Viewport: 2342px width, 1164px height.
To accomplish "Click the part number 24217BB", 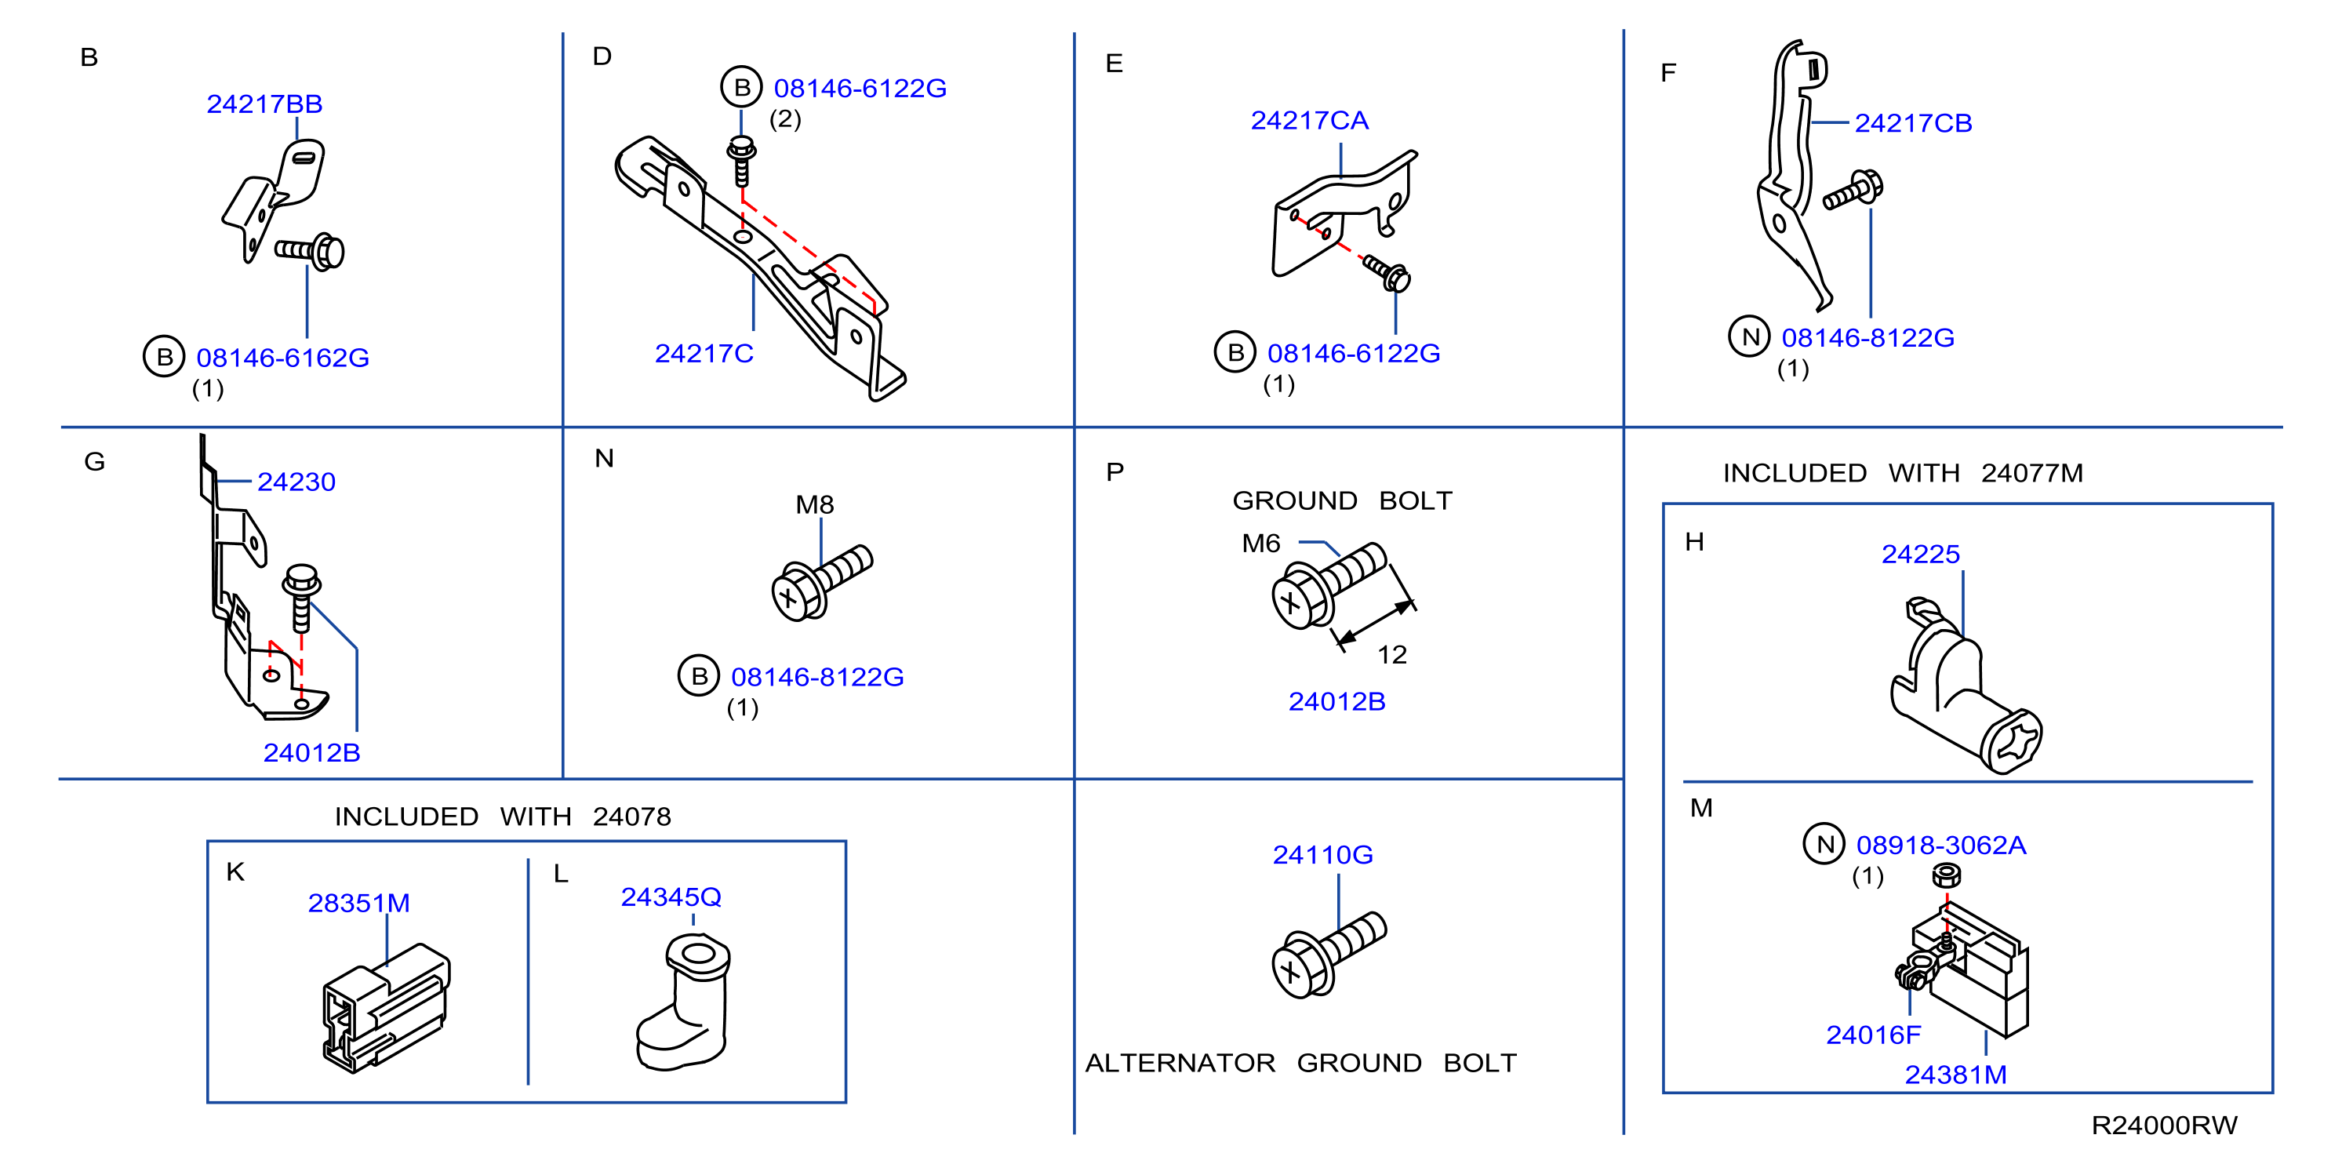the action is (264, 104).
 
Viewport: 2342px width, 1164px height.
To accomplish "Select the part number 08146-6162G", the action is (282, 358).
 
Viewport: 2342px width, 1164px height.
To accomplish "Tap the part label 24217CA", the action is (1309, 120).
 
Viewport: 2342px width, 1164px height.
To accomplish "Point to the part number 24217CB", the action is (1913, 123).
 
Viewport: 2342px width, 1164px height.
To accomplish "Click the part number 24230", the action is (296, 481).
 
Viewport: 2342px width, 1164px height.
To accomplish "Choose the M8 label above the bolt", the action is (815, 504).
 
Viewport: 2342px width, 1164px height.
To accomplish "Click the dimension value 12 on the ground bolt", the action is (1392, 655).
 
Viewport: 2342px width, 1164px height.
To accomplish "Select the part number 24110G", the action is (1323, 855).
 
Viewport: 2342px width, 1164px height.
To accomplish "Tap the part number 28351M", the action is (359, 903).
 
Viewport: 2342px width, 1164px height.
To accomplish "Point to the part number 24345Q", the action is (671, 897).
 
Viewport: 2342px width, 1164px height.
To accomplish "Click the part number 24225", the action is (1920, 554).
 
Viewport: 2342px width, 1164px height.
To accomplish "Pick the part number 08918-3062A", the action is (1941, 845).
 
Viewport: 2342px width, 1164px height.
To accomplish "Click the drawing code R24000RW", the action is (2164, 1125).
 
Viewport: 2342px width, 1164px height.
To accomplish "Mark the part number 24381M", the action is (1955, 1074).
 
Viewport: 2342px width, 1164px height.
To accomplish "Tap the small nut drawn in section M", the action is (1946, 875).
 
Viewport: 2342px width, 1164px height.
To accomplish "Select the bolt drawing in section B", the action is (310, 251).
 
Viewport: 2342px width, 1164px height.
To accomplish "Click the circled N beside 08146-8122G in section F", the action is (1749, 336).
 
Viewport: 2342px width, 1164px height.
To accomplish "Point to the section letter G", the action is (95, 462).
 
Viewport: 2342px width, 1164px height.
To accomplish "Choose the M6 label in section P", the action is (1261, 543).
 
